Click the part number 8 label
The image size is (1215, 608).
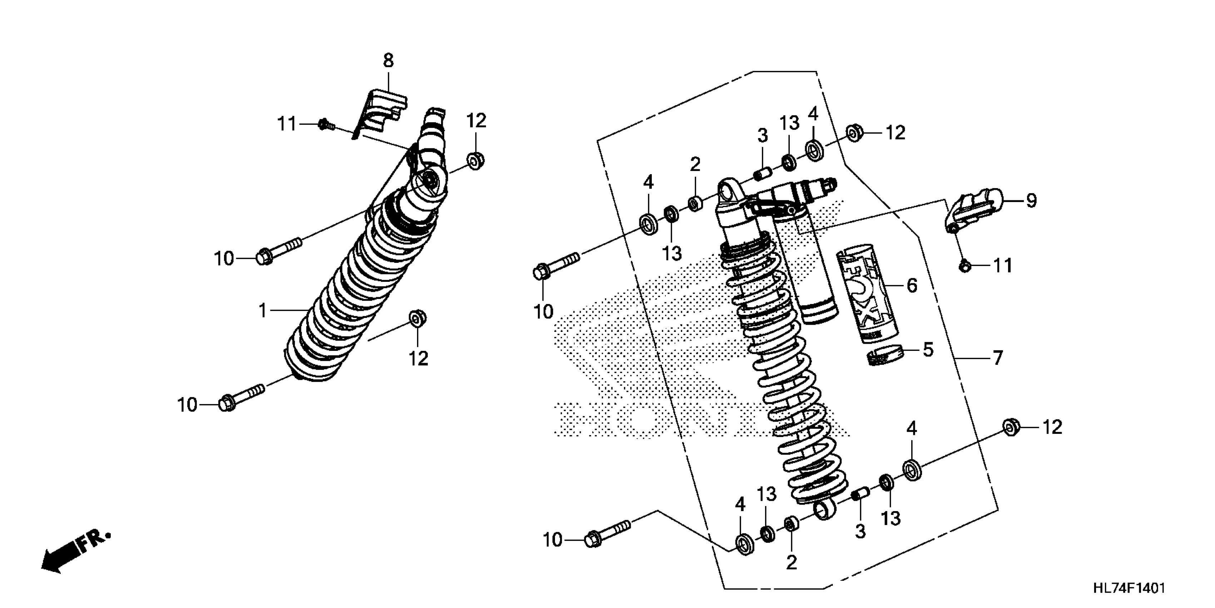[388, 61]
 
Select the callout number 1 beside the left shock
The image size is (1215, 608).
[263, 310]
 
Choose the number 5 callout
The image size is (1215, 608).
[927, 350]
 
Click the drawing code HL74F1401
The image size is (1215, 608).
[1128, 588]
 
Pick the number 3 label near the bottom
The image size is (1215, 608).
[860, 531]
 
